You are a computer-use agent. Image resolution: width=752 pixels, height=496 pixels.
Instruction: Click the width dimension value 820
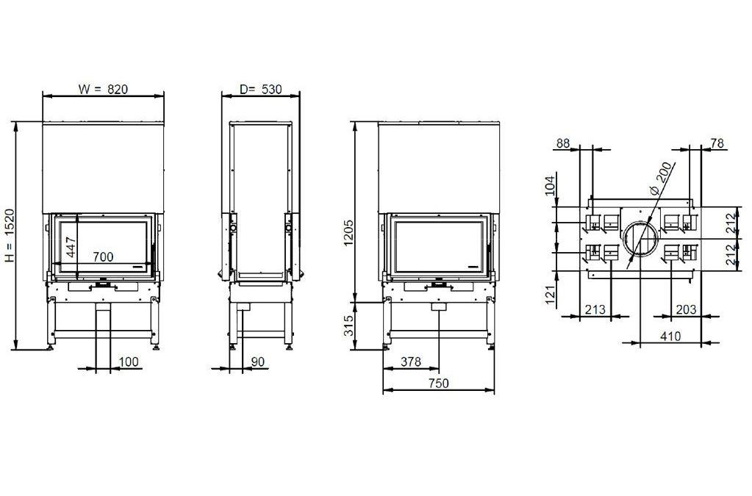(118, 89)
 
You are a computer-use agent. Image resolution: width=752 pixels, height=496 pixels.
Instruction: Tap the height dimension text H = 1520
(10, 236)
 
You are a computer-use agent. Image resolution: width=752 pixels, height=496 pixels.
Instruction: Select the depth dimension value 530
(271, 89)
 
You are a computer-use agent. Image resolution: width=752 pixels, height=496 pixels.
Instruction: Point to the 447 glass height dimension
(71, 248)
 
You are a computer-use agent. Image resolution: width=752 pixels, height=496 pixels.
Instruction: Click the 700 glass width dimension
(103, 257)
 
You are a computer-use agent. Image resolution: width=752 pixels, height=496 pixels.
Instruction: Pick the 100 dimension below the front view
(129, 362)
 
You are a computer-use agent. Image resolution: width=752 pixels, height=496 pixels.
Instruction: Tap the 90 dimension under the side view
(257, 362)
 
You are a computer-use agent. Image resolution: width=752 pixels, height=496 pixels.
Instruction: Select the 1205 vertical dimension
(348, 232)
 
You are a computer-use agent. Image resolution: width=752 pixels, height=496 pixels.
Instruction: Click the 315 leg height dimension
(348, 325)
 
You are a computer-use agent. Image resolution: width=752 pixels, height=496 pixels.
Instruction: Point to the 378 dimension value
(411, 362)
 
